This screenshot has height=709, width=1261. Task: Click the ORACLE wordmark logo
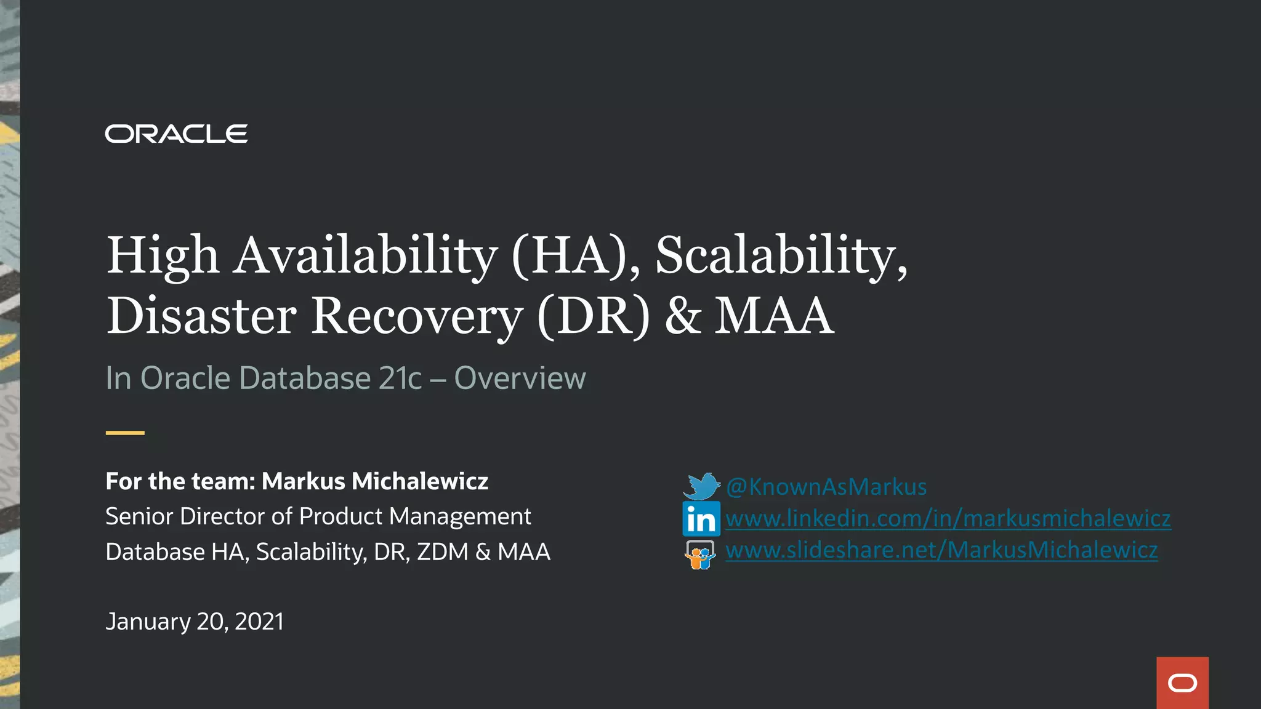(x=176, y=134)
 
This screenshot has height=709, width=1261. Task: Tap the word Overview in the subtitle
(x=520, y=378)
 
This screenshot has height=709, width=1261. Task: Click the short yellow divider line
(x=125, y=433)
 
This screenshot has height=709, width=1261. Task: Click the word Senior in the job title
(x=139, y=516)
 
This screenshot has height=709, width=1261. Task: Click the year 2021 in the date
(x=259, y=622)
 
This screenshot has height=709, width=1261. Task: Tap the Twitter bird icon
(x=701, y=486)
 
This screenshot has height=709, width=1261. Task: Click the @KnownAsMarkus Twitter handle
(x=826, y=487)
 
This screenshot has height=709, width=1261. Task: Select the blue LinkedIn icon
(x=701, y=518)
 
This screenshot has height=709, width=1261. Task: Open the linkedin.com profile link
(x=948, y=518)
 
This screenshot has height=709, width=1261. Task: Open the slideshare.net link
(x=941, y=550)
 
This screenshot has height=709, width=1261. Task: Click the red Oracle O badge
(x=1182, y=683)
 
